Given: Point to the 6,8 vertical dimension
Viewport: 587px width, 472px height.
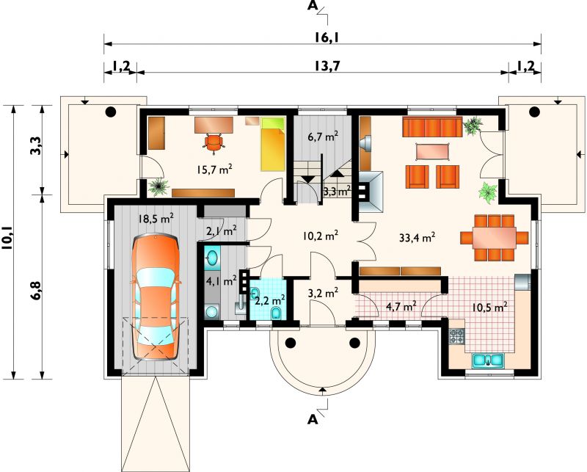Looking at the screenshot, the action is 37,289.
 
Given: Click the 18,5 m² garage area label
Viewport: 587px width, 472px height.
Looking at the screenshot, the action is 156,219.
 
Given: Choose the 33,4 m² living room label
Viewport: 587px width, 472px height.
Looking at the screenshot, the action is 417,238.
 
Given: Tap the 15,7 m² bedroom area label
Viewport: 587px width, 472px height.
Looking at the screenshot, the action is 214,170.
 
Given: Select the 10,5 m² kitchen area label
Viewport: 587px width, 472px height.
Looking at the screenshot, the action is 489,308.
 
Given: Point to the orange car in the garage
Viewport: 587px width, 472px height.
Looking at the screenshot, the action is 156,297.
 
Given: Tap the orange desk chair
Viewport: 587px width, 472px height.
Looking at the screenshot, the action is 214,143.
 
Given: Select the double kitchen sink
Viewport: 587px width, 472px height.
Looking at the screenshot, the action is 488,360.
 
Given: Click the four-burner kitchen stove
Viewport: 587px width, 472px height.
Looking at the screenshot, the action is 456,336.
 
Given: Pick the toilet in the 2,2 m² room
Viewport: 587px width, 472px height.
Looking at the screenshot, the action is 277,313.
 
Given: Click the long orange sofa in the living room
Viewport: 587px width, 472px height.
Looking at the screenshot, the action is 432,126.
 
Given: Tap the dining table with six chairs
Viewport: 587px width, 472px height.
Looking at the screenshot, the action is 494,238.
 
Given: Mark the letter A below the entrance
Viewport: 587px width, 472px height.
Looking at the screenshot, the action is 313,420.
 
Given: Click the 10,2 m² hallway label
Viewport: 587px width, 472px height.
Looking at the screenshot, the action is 321,236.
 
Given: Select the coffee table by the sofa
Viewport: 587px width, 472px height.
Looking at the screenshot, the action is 432,151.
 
